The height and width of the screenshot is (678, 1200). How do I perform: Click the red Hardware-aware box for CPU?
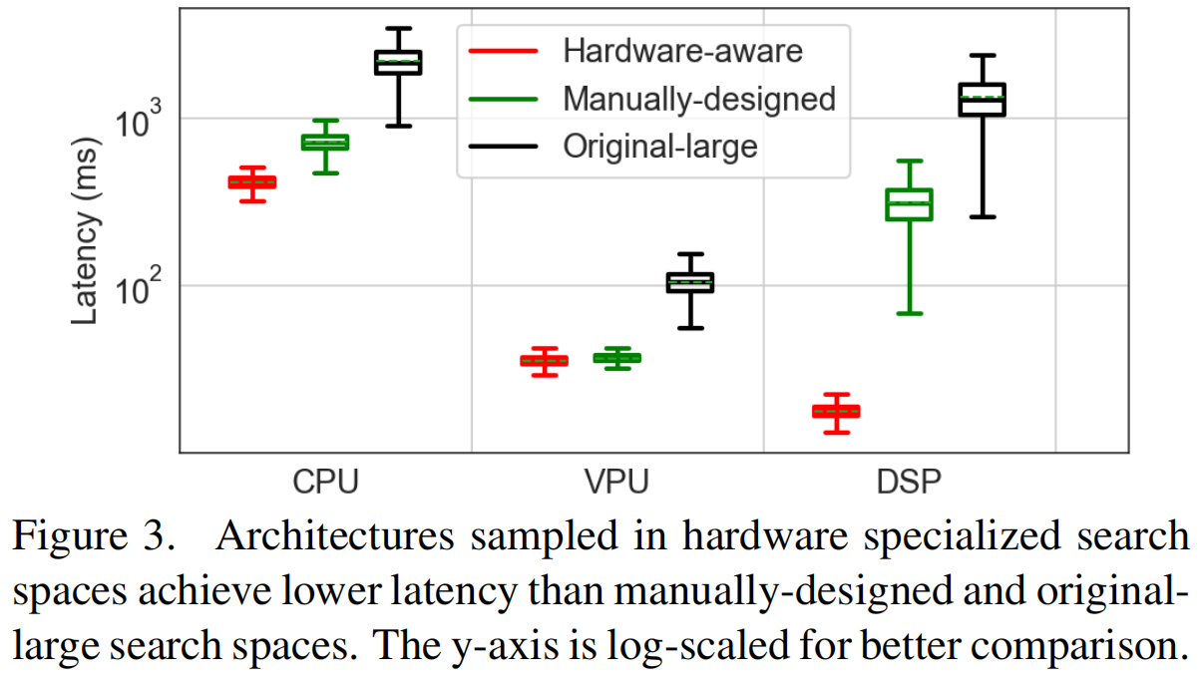(251, 182)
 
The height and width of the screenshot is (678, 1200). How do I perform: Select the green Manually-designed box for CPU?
(325, 143)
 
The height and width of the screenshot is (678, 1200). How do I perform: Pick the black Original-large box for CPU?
(398, 62)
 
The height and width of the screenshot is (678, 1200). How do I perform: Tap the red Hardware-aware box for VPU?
(544, 361)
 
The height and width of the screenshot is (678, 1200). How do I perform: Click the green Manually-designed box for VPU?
(617, 358)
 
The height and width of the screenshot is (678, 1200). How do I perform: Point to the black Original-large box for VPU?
(690, 282)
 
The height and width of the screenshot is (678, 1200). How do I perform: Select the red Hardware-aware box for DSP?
(836, 411)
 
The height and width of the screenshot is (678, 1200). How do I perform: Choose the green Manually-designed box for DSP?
(909, 204)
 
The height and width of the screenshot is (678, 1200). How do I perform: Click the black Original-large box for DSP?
(982, 100)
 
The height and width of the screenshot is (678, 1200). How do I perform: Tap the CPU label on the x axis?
(325, 482)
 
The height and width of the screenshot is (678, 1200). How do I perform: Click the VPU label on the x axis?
(616, 482)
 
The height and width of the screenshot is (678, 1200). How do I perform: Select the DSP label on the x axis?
(909, 482)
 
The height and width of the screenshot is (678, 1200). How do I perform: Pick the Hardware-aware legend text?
(682, 50)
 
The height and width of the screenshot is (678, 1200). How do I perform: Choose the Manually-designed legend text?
(698, 98)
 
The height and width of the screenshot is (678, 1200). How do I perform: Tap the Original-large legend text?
(660, 147)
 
